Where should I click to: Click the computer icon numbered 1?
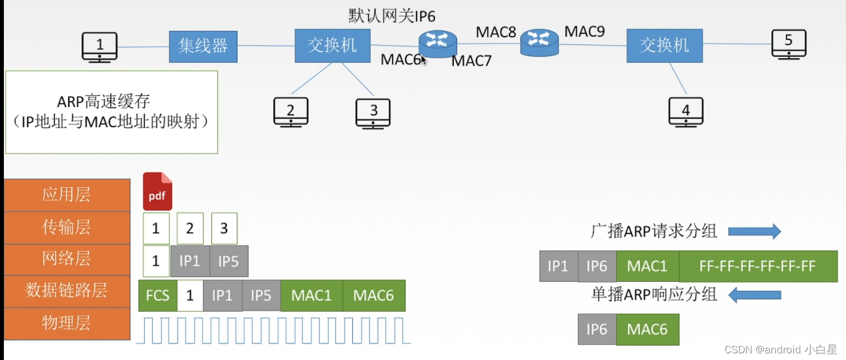point(99,47)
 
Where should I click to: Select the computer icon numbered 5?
point(788,44)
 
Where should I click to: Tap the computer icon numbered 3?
point(373,113)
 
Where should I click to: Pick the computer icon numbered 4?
point(686,113)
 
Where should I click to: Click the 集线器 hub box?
point(203,47)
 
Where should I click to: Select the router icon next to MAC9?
point(539,42)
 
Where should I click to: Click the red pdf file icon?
point(158,191)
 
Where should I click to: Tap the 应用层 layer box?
point(67,195)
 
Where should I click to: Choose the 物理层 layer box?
point(67,323)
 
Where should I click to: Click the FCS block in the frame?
point(158,296)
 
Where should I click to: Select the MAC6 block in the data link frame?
point(373,296)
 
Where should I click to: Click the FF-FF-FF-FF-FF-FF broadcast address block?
point(757,266)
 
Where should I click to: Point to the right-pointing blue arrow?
point(754,231)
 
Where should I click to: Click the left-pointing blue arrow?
point(754,295)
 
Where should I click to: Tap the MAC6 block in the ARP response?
point(647,329)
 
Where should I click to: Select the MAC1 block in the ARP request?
point(647,266)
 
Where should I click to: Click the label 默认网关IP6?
point(392,16)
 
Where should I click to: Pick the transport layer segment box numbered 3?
point(224,229)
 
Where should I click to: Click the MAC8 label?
point(495,32)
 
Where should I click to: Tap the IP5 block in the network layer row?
point(229,261)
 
